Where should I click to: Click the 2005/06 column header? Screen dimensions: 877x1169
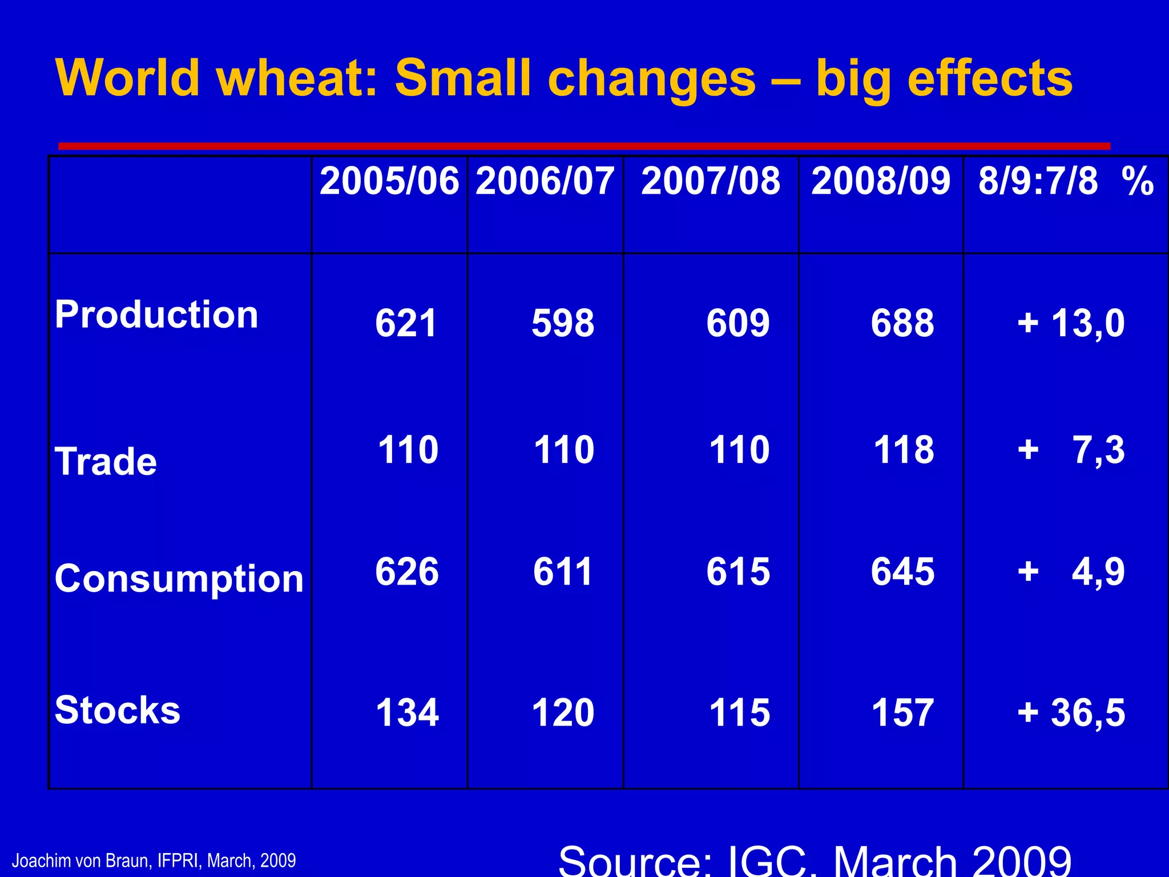tap(389, 182)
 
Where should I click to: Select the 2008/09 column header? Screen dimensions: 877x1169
tap(881, 182)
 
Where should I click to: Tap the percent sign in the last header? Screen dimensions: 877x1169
tap(1137, 182)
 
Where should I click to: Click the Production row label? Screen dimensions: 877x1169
tap(156, 315)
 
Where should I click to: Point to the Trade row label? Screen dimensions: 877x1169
tap(106, 461)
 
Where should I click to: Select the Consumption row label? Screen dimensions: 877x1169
tap(179, 579)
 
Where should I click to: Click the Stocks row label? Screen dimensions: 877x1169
tap(118, 710)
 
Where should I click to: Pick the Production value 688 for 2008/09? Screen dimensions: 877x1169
tap(902, 323)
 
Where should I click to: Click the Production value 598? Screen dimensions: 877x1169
tap(563, 323)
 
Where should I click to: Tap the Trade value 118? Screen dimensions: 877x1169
tap(904, 450)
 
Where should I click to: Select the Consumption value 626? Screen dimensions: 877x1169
tap(407, 572)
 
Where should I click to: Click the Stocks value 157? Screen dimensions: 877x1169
tap(902, 713)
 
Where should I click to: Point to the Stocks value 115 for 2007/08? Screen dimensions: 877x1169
tap(739, 713)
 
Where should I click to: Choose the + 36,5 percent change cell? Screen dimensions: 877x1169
tap(1071, 713)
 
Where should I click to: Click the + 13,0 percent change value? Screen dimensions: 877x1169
tap(1071, 323)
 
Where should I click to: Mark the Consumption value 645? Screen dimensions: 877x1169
tap(902, 572)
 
